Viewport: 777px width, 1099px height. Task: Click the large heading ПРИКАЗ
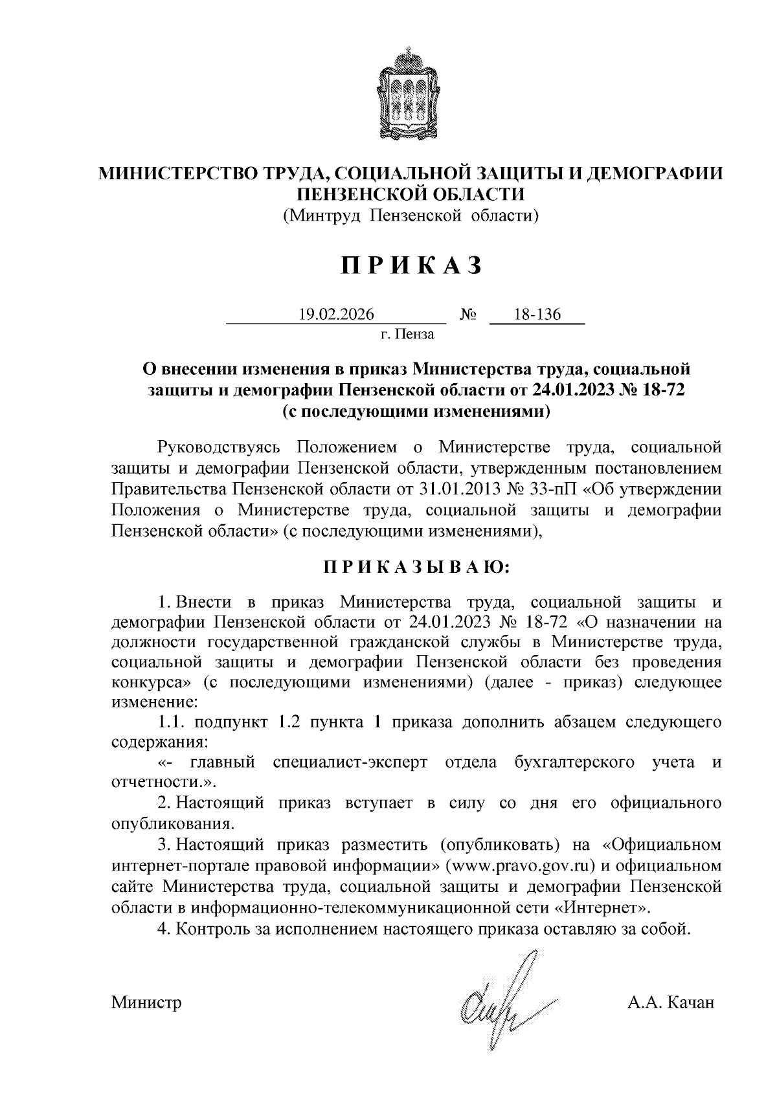click(x=412, y=265)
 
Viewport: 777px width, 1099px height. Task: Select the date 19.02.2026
click(x=336, y=315)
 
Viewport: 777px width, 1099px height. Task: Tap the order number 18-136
click(x=537, y=315)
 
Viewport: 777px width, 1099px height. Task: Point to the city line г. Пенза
click(x=407, y=335)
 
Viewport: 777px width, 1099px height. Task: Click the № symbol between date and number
click(x=468, y=315)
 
